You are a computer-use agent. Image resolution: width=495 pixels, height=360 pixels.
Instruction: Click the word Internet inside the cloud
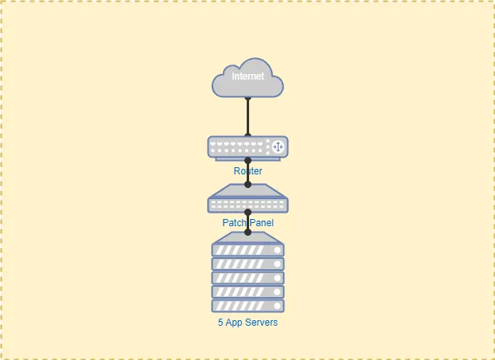tap(247, 76)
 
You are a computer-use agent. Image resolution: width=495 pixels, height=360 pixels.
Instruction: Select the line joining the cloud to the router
tap(247, 115)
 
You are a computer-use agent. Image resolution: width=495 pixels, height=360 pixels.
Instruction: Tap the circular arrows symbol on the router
tap(278, 147)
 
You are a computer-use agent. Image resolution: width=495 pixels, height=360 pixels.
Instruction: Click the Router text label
tap(247, 171)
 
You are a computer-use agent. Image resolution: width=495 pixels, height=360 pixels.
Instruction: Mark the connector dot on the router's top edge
tap(247, 135)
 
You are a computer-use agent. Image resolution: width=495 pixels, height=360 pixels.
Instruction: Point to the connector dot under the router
tap(247, 160)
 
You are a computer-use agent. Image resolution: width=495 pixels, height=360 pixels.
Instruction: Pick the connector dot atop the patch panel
tap(247, 185)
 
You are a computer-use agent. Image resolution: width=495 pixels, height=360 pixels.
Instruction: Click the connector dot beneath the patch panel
tap(247, 213)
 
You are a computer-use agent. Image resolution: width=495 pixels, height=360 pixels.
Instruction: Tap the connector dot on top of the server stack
tap(247, 233)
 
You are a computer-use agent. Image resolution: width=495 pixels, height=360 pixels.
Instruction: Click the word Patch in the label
tap(234, 223)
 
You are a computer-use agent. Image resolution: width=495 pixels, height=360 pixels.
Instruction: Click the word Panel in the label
tap(261, 223)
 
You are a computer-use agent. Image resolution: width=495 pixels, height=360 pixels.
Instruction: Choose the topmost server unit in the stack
tap(247, 250)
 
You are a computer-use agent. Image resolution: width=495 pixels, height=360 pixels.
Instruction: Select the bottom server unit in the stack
tap(247, 306)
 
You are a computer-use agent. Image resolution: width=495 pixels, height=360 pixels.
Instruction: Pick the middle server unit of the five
tap(247, 278)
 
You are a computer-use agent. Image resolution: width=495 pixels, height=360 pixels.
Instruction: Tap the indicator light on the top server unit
tap(278, 250)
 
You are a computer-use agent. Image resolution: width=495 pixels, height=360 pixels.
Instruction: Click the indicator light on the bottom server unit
tap(278, 306)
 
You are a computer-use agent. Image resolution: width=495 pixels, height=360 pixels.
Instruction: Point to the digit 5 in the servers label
tap(220, 323)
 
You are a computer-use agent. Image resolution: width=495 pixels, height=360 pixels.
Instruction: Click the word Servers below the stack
tap(262, 323)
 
